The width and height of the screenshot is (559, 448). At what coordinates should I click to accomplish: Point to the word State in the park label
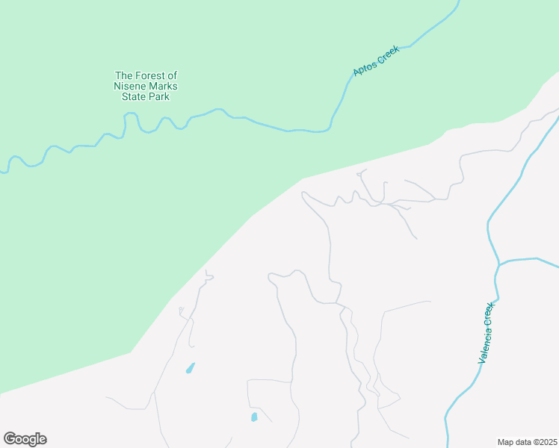(x=135, y=96)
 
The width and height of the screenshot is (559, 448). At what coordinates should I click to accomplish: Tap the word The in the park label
(x=123, y=75)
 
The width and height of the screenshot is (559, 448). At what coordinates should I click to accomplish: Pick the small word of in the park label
(x=172, y=75)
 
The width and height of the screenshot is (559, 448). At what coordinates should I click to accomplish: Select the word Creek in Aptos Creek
(x=388, y=55)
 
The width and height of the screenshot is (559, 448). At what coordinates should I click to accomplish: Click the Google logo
(x=25, y=439)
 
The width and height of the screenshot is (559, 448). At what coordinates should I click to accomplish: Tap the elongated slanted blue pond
(x=191, y=367)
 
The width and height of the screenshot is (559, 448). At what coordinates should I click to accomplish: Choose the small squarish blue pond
(x=254, y=417)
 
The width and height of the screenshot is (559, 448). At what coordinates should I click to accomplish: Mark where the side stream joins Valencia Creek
(x=498, y=264)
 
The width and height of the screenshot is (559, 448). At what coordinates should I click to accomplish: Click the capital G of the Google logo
(x=10, y=439)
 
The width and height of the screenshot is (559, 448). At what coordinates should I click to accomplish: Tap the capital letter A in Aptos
(x=356, y=73)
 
